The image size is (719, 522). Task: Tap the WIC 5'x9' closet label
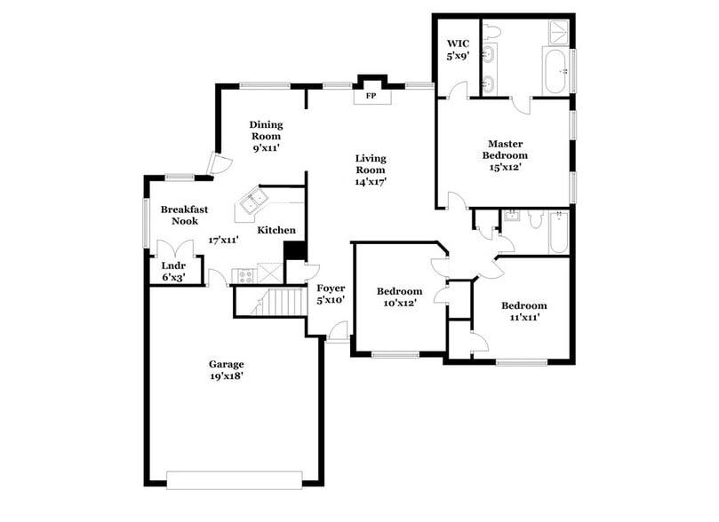[458, 49]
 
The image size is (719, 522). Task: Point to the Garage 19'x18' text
[227, 369]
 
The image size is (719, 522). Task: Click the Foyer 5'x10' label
[331, 294]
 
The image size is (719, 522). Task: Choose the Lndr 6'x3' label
[173, 271]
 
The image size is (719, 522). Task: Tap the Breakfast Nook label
[184, 215]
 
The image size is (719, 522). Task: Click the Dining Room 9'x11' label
[265, 137]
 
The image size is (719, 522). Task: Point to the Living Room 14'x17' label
[371, 170]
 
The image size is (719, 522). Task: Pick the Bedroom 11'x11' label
[523, 311]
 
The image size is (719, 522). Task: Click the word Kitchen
[276, 231]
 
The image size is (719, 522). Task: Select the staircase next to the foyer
[282, 302]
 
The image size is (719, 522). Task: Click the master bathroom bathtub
[555, 71]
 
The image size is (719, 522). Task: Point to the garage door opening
[234, 479]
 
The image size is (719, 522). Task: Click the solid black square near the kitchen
[294, 251]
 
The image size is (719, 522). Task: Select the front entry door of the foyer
[339, 333]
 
